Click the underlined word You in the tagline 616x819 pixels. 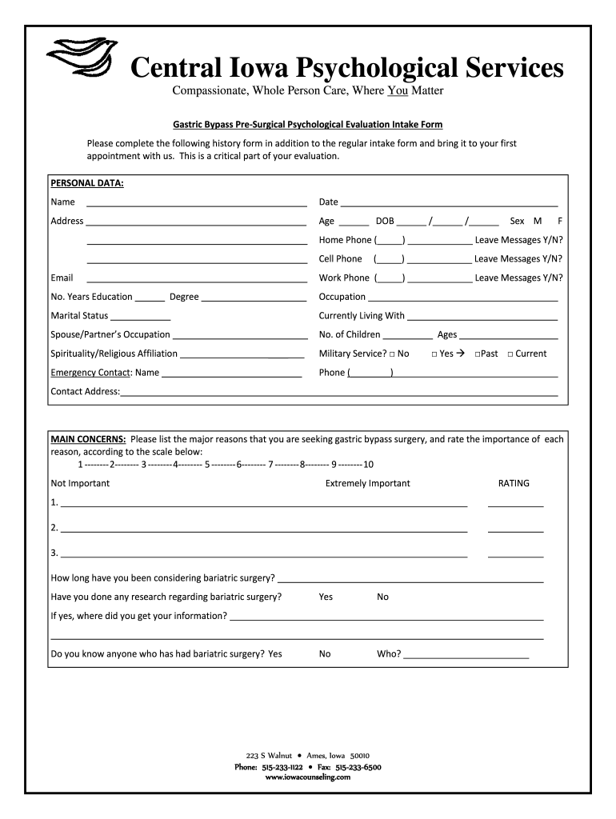(398, 91)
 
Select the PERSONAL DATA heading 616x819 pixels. (87, 183)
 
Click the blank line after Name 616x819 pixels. (196, 203)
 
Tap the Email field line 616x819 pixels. (196, 279)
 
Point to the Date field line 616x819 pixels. (449, 203)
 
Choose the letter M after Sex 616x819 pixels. (538, 221)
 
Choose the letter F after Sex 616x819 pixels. (560, 221)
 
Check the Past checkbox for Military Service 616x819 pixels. (477, 354)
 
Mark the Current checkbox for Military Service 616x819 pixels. (510, 354)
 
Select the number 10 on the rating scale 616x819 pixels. (368, 465)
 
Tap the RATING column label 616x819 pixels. (514, 483)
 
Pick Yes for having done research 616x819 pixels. (326, 597)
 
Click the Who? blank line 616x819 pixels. (466, 655)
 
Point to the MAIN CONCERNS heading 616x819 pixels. (88, 439)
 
